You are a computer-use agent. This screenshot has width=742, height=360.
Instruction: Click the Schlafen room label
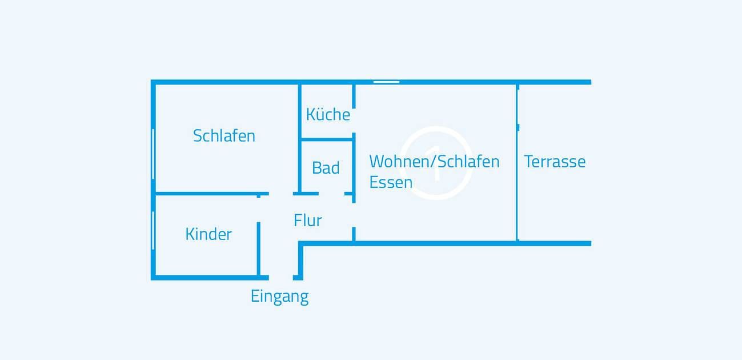pos(224,136)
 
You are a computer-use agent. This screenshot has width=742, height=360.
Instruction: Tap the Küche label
pos(328,114)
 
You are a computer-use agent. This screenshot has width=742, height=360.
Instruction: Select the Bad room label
pos(326,168)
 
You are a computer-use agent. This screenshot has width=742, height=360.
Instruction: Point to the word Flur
pos(308,220)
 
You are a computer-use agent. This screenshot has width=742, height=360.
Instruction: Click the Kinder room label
pos(208,234)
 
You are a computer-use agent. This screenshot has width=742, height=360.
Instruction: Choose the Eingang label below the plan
pos(279,296)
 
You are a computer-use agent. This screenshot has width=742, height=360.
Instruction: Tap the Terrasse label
pos(555,161)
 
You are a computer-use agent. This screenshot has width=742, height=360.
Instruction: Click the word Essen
pos(391,182)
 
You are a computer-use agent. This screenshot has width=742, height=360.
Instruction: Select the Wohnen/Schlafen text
pos(434,161)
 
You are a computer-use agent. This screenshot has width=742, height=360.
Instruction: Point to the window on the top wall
pos(386,82)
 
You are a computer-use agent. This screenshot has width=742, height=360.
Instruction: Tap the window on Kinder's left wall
pos(153,230)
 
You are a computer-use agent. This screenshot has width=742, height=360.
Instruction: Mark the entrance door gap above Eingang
pos(280,278)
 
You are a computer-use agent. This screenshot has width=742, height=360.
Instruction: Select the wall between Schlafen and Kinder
pos(206,194)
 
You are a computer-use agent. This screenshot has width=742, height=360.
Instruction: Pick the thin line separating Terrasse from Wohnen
pos(517,189)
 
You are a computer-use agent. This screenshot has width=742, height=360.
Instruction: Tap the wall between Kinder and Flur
pos(259,249)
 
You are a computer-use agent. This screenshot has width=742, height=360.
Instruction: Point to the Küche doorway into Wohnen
pos(354,121)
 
